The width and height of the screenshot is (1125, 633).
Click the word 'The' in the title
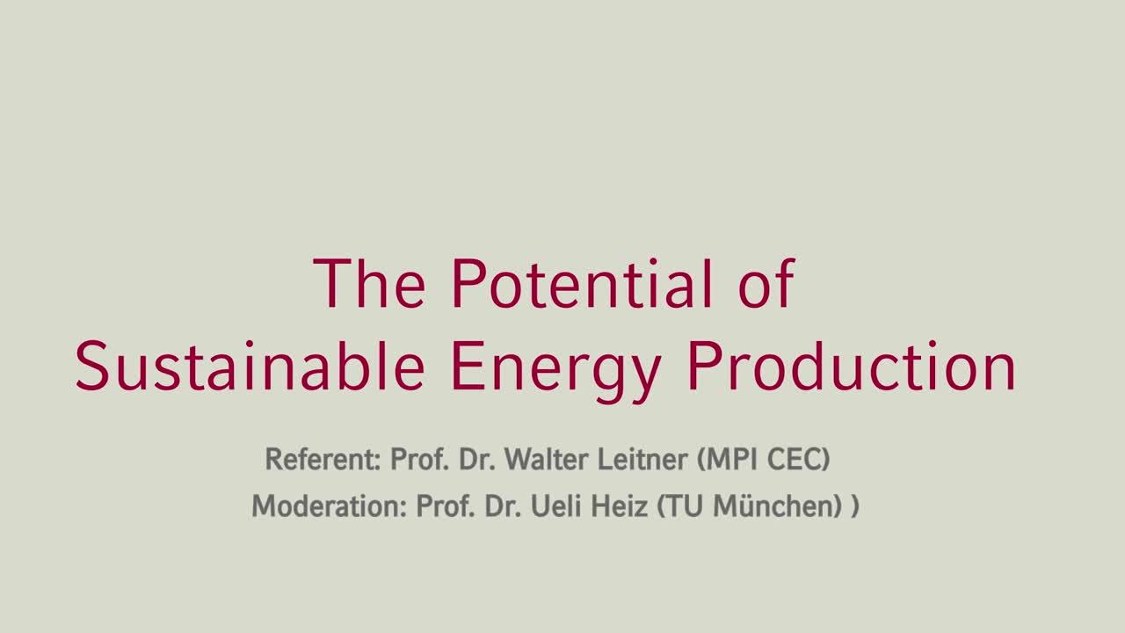pos(369,283)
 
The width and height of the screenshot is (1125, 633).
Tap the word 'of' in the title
pos(766,283)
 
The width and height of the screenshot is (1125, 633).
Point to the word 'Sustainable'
pos(250,365)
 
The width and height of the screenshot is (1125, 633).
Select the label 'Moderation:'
pos(329,506)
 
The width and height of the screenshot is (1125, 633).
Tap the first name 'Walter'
pos(547,459)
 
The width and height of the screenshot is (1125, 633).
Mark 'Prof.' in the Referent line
pos(419,459)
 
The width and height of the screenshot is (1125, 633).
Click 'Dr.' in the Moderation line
pos(504,506)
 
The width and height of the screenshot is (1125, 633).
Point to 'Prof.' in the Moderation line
pos(446,506)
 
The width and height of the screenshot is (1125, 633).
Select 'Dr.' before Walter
pos(476,459)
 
